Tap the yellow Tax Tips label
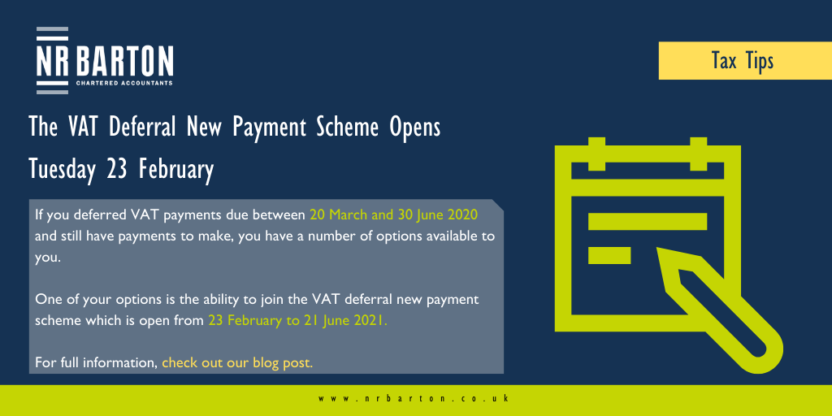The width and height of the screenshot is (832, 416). pos(745,60)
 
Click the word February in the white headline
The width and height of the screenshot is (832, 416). pos(176,170)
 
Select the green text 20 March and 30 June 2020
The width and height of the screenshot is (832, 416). pos(394,215)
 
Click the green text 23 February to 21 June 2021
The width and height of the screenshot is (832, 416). pos(297,320)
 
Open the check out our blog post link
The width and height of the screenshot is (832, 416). pos(237,363)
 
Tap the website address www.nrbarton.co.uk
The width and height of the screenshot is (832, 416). pos(414,398)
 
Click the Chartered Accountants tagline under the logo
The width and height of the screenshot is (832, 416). pos(124,83)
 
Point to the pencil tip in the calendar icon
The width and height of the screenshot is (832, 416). pos(660,250)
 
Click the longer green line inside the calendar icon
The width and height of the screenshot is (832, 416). pos(648,221)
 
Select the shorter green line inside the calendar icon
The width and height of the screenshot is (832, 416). pos(609,255)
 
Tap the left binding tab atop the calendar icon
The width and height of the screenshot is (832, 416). pos(597,154)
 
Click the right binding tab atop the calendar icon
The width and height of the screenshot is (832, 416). pos(698,154)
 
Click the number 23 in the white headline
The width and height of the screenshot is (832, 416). pos(117,170)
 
